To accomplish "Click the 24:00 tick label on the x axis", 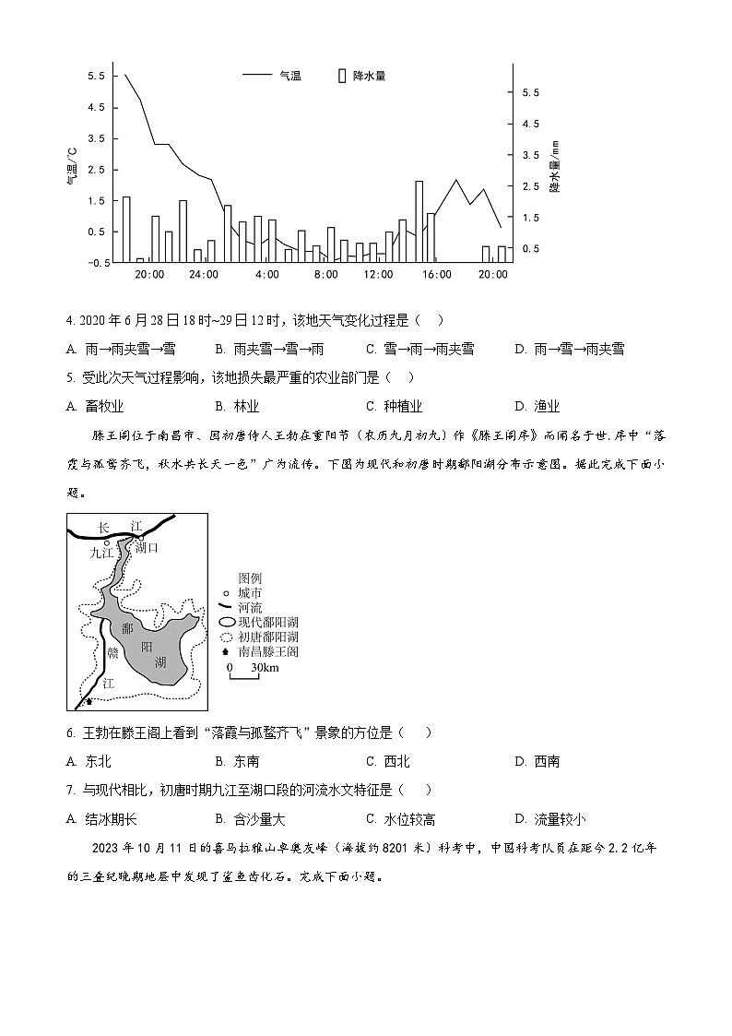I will point(204,275).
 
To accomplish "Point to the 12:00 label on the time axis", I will point(378,275).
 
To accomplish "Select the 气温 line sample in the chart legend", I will point(257,76).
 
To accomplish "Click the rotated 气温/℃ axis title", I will point(73,167).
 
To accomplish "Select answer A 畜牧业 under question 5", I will point(96,406).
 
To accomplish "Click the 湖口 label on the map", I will point(147,547).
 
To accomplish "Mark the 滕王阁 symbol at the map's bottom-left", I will point(89,702).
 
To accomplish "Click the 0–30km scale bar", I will point(244,673).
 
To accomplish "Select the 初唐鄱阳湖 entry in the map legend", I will point(267,637).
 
